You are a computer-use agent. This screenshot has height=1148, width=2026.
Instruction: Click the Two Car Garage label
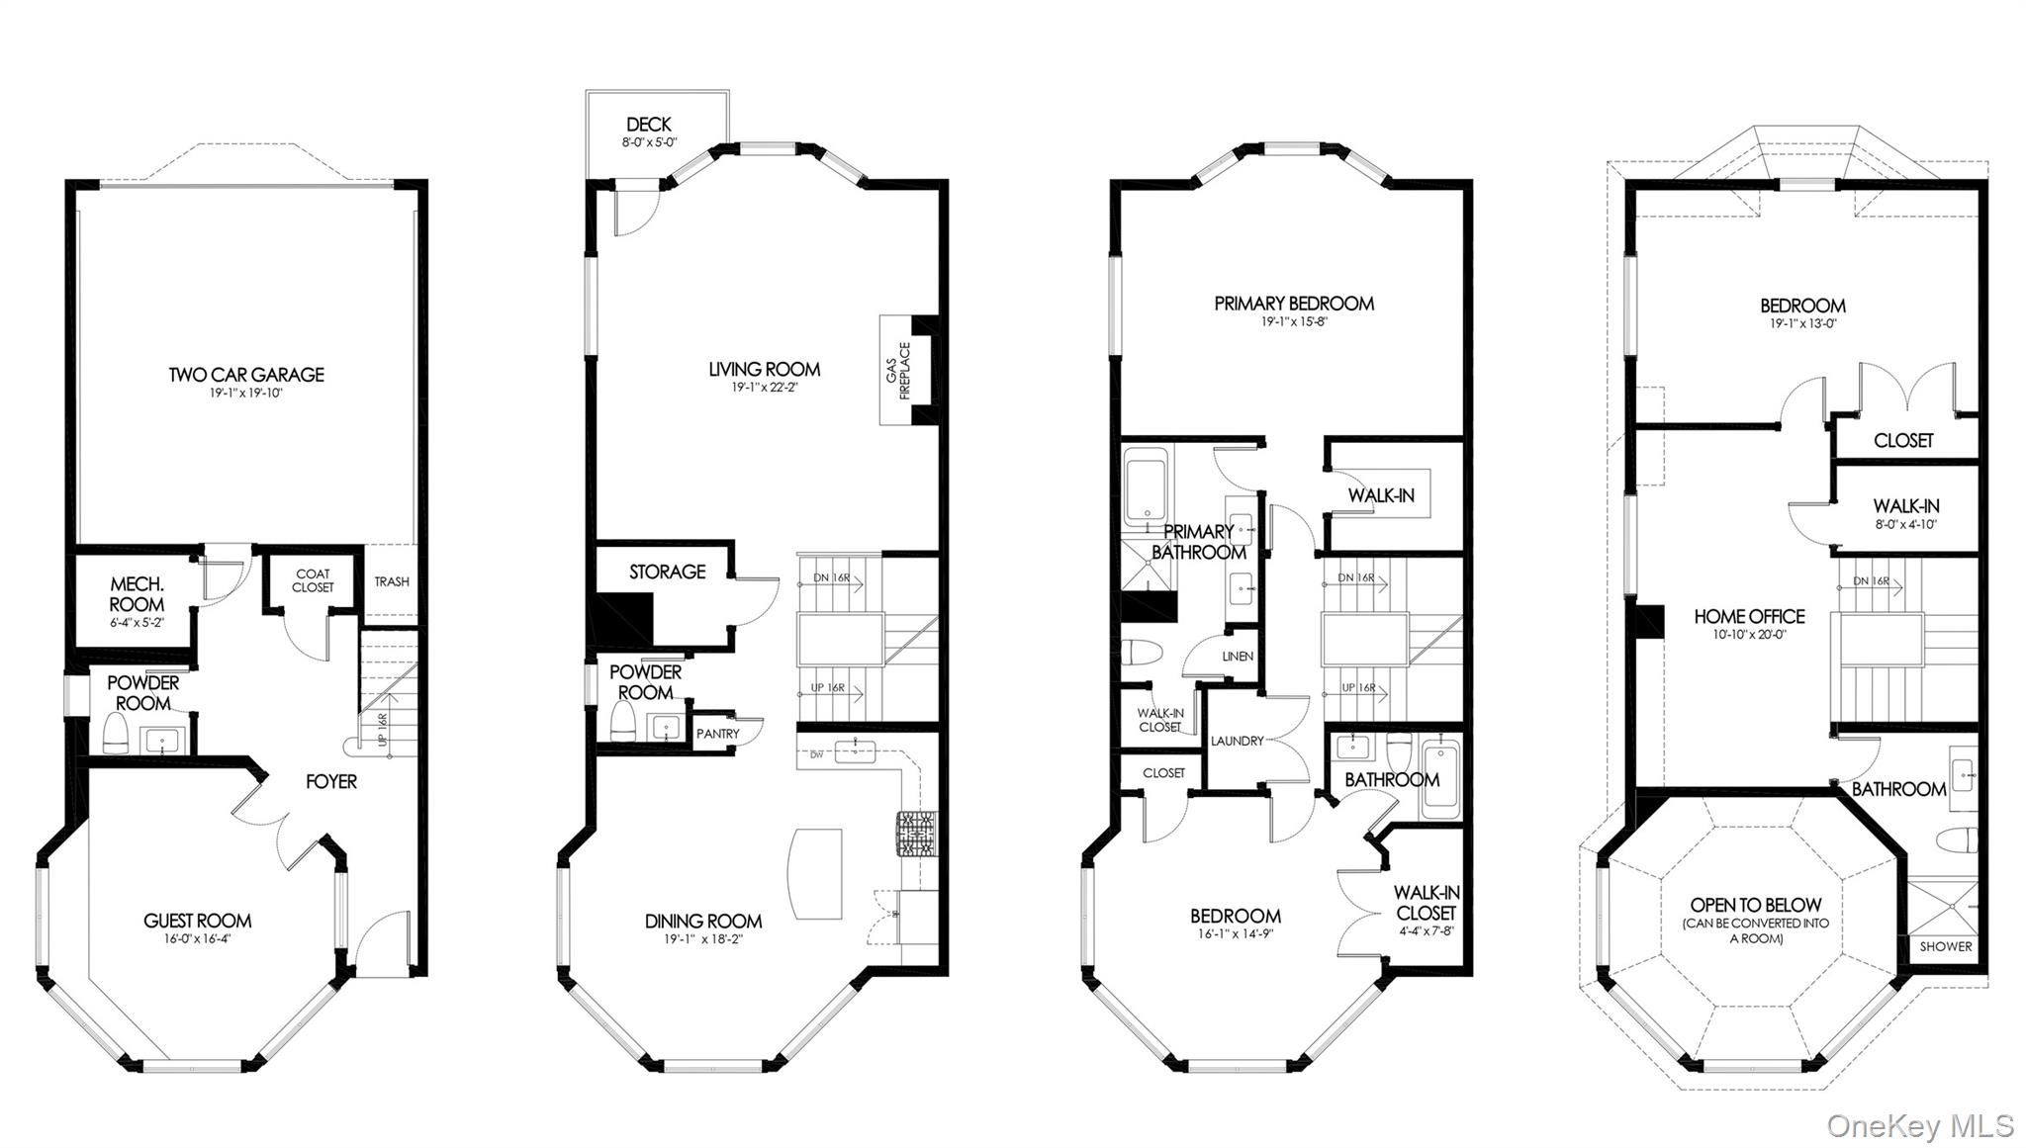tap(246, 375)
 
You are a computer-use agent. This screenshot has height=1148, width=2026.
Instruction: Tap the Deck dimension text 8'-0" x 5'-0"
tap(648, 142)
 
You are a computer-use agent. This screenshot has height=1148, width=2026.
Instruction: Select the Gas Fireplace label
tap(898, 371)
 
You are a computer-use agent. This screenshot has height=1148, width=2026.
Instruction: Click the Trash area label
tap(391, 581)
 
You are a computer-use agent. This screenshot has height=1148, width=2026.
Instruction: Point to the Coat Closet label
tap(313, 580)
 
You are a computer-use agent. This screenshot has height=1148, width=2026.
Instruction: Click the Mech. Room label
tap(137, 594)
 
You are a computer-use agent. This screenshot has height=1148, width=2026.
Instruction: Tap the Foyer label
tap(330, 782)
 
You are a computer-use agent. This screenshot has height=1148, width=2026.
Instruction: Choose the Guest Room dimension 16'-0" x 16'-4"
tap(198, 938)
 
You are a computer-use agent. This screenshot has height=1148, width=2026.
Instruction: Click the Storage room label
tap(667, 572)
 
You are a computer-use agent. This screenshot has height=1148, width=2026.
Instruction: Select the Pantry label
tap(717, 734)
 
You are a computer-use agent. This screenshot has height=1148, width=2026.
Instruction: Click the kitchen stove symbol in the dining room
tap(915, 835)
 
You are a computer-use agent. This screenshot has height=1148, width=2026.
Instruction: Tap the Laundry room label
tap(1237, 741)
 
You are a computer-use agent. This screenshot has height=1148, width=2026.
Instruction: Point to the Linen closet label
tap(1238, 657)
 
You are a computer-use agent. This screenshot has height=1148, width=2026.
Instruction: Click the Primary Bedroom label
tap(1294, 304)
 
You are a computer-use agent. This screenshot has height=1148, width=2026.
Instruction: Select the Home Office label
tap(1749, 616)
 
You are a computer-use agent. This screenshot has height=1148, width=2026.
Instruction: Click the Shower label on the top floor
tap(1946, 946)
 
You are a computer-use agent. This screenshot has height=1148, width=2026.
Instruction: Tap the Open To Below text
tap(1755, 905)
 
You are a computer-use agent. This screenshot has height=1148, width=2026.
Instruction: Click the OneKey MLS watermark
tap(1919, 1125)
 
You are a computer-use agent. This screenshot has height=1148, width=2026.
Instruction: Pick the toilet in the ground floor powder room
tap(116, 734)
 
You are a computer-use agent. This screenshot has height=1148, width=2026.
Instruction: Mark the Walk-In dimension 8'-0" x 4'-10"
tap(1905, 524)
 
